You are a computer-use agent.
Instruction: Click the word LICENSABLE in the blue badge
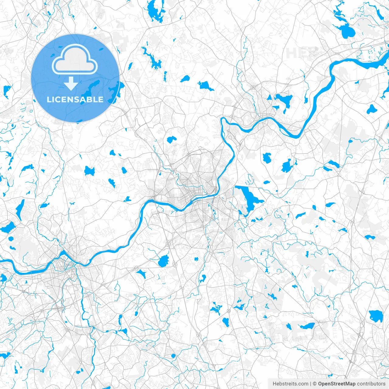tap(75, 100)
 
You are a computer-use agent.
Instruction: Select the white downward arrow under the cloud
tap(71, 84)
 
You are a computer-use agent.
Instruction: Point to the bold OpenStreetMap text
tap(337, 384)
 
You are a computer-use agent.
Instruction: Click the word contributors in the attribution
tap(371, 384)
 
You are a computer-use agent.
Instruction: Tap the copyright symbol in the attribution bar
tap(315, 384)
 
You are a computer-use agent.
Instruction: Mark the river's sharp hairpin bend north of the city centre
tap(224, 121)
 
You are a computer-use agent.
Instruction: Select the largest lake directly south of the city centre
tap(164, 261)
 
